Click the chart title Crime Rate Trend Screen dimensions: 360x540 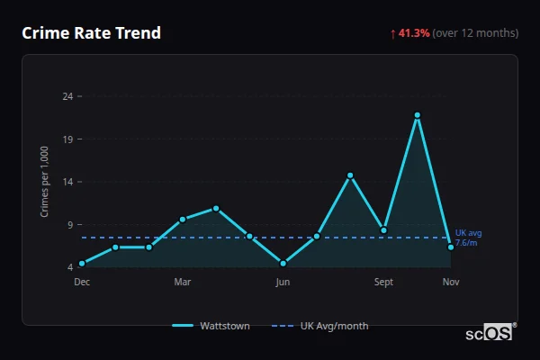click(x=91, y=33)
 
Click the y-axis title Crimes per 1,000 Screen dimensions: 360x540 click(x=45, y=181)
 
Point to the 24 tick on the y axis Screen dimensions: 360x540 click(x=68, y=95)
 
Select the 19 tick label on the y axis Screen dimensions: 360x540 click(x=68, y=139)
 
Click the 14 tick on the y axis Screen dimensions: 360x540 click(x=68, y=182)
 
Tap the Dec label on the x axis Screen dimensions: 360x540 click(x=82, y=282)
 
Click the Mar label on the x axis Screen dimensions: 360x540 click(x=183, y=282)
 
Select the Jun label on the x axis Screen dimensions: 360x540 click(x=283, y=282)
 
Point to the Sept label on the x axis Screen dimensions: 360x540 click(x=383, y=282)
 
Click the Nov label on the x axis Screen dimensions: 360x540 click(x=451, y=282)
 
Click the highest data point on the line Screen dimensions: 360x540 click(x=418, y=115)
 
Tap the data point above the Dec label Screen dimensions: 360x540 click(x=82, y=264)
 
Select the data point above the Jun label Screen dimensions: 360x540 click(x=283, y=264)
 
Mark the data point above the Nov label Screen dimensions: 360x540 click(x=451, y=247)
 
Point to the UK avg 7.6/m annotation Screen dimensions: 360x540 click(x=468, y=238)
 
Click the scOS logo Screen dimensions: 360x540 click(x=490, y=333)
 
